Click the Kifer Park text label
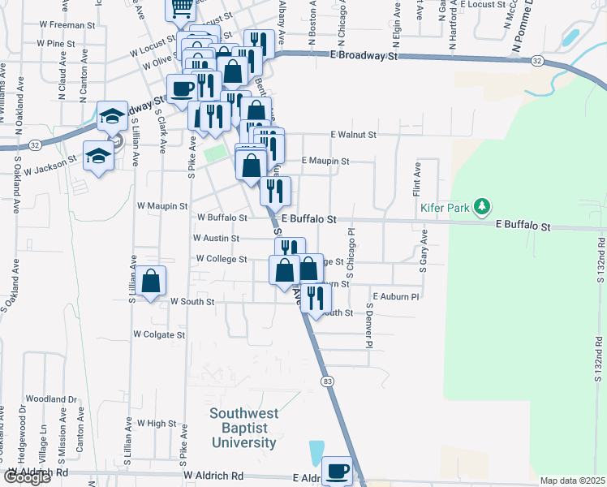446,208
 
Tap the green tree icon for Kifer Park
483,207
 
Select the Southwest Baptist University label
243,428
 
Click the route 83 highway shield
327,381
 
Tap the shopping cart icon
181,7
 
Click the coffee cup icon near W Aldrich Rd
337,470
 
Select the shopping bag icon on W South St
151,282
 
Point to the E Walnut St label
353,135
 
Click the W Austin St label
216,239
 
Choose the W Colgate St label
159,334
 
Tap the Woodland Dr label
50,399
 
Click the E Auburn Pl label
395,297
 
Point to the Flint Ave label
416,179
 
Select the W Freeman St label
61,25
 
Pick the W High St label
157,424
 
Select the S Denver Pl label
368,327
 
